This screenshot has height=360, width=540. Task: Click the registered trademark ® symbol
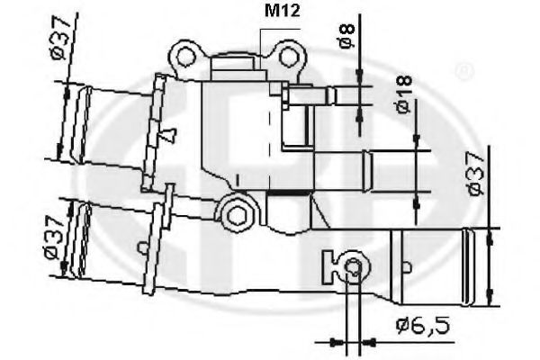463,69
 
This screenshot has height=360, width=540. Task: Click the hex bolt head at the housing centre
238,214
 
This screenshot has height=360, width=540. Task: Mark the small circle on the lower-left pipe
141,246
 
